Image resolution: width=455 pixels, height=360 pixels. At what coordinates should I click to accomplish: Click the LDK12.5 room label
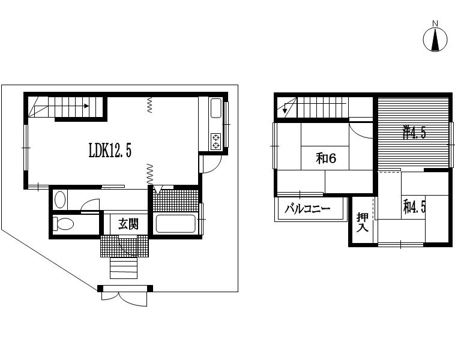(110, 151)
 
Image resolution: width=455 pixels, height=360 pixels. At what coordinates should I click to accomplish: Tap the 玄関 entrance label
(128, 224)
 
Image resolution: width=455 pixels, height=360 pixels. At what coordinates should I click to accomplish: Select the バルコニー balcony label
(307, 209)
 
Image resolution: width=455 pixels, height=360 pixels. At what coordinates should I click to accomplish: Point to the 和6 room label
(326, 158)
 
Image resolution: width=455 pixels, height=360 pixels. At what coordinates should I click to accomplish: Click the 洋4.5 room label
(414, 133)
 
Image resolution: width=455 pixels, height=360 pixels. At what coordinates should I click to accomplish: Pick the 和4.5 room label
(414, 207)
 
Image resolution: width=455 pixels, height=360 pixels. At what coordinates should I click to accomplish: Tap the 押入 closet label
(363, 222)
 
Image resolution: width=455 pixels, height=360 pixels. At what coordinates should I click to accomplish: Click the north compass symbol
(435, 40)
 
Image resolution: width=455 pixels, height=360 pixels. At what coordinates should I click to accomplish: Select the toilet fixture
(63, 224)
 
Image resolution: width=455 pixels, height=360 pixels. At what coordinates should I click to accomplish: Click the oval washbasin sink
(60, 199)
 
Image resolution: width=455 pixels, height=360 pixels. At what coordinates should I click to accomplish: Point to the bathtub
(175, 223)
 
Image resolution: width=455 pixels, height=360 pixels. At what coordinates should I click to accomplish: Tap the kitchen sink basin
(215, 108)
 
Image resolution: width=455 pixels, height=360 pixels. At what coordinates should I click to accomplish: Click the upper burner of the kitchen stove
(215, 137)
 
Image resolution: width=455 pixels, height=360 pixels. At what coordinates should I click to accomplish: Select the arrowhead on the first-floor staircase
(86, 106)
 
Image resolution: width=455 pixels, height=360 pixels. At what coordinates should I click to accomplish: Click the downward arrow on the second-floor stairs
(285, 109)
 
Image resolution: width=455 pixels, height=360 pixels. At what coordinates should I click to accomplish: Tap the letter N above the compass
(435, 23)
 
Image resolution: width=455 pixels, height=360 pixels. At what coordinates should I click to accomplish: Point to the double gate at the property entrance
(124, 295)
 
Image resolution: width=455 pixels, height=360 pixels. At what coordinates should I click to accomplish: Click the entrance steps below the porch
(124, 268)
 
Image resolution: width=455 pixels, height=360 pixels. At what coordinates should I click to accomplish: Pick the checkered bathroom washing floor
(175, 200)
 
